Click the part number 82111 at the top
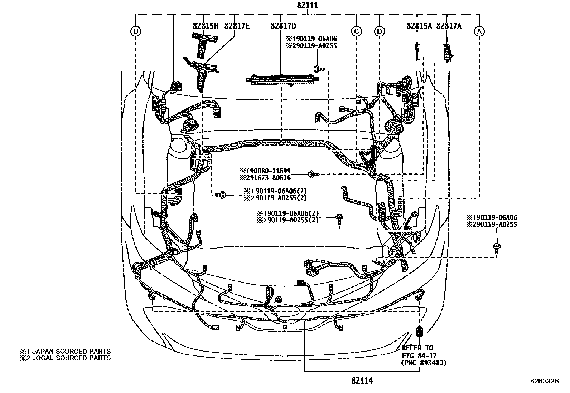point(307,5)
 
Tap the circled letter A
point(479,31)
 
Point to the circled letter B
point(136,31)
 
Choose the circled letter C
point(356,31)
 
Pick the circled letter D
point(380,31)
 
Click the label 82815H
point(205,26)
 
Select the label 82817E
point(237,26)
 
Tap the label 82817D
point(283,26)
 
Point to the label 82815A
point(419,26)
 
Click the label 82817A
point(449,26)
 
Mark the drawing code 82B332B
point(545,381)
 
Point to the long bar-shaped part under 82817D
point(281,79)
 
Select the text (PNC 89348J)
point(424,363)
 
